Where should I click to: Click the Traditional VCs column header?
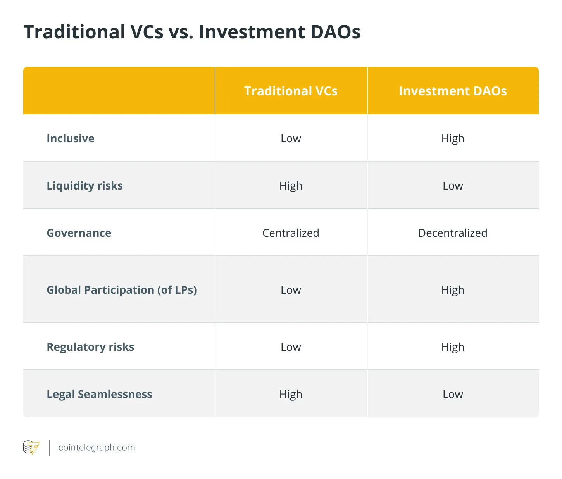point(291,91)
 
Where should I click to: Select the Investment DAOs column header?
point(453,91)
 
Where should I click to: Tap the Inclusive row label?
point(71,138)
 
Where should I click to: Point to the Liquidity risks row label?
point(84,186)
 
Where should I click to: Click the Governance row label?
point(79,233)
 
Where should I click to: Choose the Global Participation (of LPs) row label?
point(122,290)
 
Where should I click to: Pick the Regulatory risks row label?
point(90,347)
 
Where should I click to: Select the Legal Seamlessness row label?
point(99,394)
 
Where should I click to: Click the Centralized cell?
point(291,233)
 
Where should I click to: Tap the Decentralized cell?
point(453,233)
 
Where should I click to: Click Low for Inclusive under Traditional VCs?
point(291,139)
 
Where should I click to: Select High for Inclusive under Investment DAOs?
point(453,139)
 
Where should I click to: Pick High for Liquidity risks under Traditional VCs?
point(291,186)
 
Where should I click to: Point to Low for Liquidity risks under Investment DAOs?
point(453,186)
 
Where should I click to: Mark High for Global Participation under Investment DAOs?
point(453,290)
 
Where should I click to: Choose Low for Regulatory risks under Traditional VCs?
point(291,347)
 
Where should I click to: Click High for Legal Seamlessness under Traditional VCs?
point(291,394)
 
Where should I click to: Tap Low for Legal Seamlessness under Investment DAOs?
point(453,394)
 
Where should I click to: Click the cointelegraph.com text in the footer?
point(97,448)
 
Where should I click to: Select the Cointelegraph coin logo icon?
point(31,448)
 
